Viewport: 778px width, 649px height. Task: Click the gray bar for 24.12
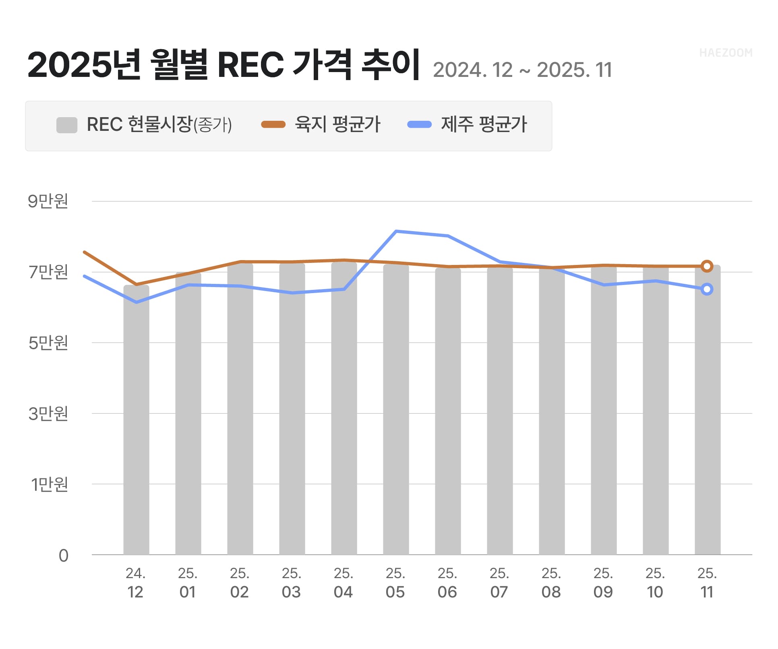click(136, 419)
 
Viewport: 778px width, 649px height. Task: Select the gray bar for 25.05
click(396, 409)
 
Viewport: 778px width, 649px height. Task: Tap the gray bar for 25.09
click(604, 409)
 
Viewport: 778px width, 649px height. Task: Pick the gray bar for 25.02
click(240, 409)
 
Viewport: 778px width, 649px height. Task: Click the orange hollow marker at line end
click(707, 266)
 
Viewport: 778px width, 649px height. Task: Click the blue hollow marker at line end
click(707, 289)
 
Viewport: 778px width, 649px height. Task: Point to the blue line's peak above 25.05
click(396, 231)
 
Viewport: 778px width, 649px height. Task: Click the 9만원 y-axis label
click(48, 201)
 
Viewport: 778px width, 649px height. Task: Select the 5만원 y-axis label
click(48, 343)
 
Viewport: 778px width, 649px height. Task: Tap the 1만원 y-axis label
click(49, 484)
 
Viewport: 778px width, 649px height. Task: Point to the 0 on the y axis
click(63, 556)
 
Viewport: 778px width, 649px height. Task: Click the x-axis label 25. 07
click(499, 583)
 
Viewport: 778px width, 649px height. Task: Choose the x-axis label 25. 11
click(707, 583)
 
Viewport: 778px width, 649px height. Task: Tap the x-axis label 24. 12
click(135, 583)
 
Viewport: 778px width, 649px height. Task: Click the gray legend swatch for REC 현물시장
click(67, 125)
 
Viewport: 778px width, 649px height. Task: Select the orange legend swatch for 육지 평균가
click(273, 124)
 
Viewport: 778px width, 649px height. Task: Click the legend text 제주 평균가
click(484, 124)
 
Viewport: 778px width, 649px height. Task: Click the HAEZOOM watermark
click(726, 53)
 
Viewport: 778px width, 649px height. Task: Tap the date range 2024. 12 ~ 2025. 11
click(522, 70)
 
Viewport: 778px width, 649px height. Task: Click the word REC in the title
click(250, 65)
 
